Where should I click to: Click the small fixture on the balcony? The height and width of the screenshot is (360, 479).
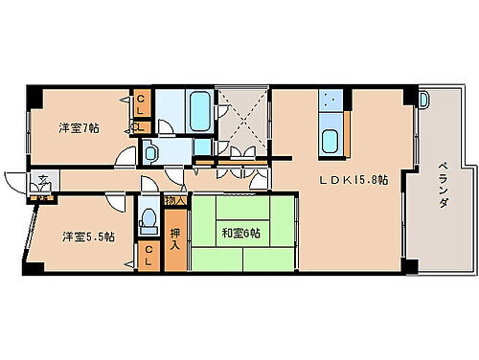click(424, 98)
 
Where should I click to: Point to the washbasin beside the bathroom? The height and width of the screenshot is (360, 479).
click(202, 147)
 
